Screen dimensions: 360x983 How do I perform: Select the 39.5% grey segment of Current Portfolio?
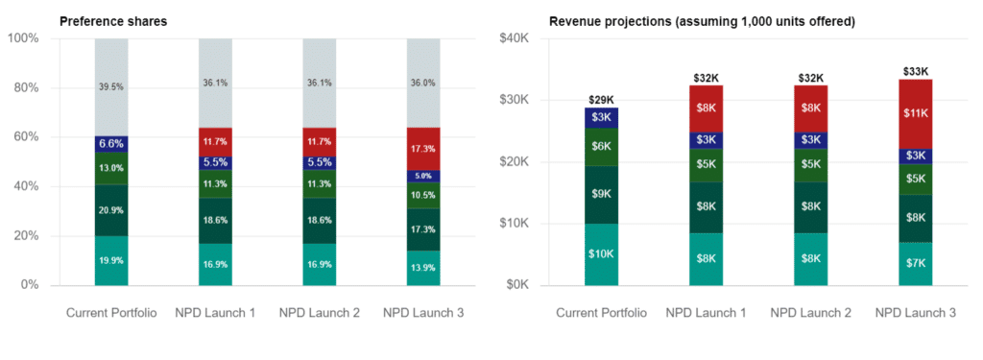click(111, 87)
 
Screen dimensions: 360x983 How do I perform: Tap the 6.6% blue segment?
click(111, 144)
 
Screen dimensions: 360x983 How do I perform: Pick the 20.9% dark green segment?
click(111, 210)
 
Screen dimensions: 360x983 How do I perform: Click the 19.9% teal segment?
click(111, 260)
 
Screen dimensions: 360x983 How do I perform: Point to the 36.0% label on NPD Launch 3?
click(423, 84)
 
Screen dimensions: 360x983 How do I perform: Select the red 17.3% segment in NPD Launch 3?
click(423, 150)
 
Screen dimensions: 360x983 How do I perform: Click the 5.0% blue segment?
click(423, 177)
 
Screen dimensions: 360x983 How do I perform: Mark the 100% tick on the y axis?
click(23, 38)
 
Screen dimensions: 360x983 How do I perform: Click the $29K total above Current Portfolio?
click(602, 100)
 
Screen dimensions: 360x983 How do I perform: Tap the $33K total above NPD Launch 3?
click(915, 71)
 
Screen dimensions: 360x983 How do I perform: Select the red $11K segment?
click(915, 113)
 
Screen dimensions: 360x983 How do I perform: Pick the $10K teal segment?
click(602, 254)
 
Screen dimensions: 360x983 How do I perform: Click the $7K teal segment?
click(915, 263)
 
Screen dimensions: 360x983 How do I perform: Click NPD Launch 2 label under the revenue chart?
click(810, 314)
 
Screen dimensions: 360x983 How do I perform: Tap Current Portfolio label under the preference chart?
click(111, 314)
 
